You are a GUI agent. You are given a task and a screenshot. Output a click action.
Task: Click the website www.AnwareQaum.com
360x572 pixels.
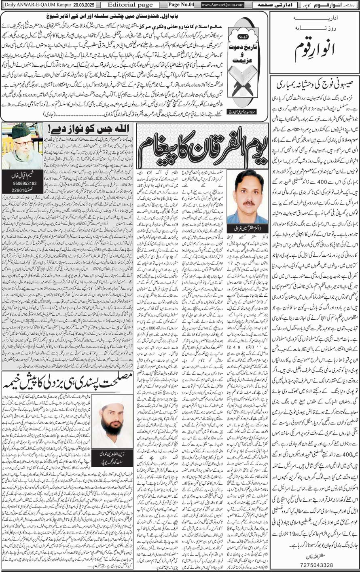[x=222, y=5]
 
